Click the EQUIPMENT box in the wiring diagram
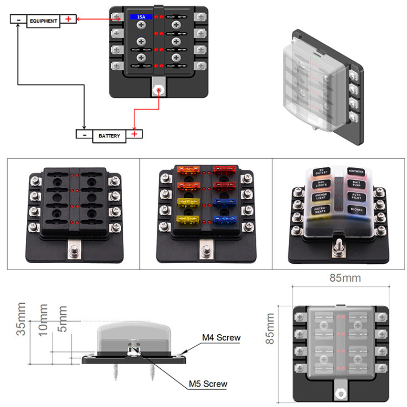click(43, 21)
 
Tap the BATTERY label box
click(109, 136)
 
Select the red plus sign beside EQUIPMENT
click(69, 20)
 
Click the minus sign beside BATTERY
click(84, 135)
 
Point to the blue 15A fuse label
click(140, 17)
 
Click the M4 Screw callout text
click(221, 337)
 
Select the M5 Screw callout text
click(208, 384)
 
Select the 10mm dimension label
click(43, 319)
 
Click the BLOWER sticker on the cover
click(354, 209)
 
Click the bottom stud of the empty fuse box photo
click(73, 252)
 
